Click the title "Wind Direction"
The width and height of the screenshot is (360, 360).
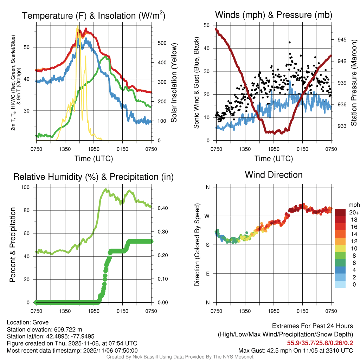click(x=274, y=175)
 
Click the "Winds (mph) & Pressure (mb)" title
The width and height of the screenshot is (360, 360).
click(x=274, y=15)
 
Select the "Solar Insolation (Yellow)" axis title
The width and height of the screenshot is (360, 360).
click(x=174, y=83)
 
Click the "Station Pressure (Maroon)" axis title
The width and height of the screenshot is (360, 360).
click(x=354, y=83)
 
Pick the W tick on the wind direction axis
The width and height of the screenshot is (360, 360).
click(x=207, y=216)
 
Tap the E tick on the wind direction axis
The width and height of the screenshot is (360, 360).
click(x=207, y=274)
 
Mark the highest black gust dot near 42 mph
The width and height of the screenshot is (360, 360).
click(x=289, y=42)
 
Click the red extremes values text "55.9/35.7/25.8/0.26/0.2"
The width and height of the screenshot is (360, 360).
click(x=321, y=343)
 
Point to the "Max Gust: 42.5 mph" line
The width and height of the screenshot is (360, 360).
click(x=295, y=350)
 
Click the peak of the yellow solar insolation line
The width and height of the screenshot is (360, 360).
click(x=77, y=26)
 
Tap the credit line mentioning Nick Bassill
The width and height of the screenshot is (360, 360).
click(x=180, y=357)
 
